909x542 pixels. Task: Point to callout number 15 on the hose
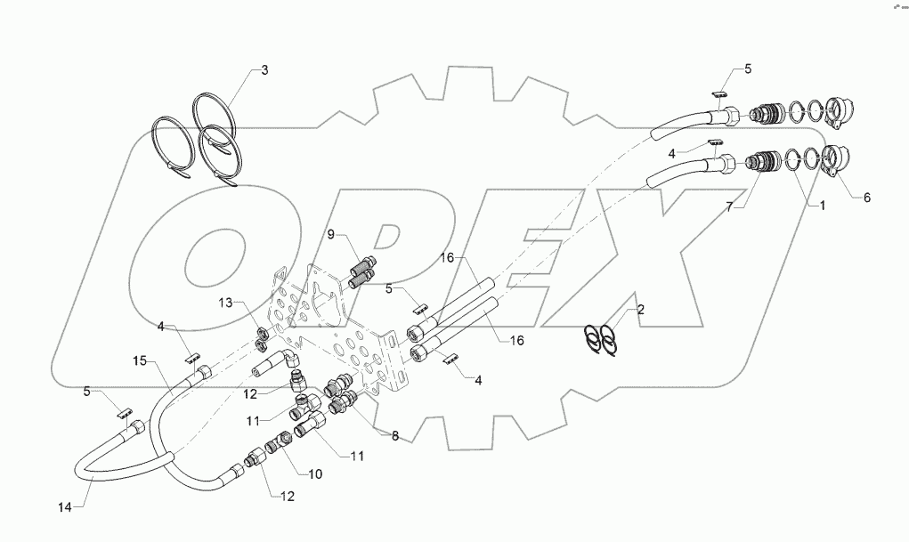[x=139, y=360]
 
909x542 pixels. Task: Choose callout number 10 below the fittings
[x=314, y=474]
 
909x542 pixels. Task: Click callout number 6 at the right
[x=866, y=198]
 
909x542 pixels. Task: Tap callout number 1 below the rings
[x=823, y=206]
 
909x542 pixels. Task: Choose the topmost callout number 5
[x=748, y=69]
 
